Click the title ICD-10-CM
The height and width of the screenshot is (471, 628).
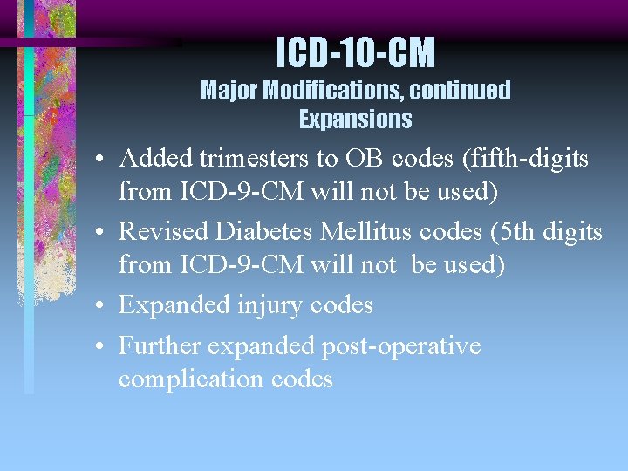pyautogui.click(x=355, y=54)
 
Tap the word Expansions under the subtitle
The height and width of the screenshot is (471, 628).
pyautogui.click(x=355, y=119)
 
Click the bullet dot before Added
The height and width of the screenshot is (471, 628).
pyautogui.click(x=101, y=160)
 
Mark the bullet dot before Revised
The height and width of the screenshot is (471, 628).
pyautogui.click(x=101, y=233)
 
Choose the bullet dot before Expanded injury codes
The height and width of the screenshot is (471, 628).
pyautogui.click(x=101, y=306)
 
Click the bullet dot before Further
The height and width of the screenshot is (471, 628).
pyautogui.click(x=101, y=347)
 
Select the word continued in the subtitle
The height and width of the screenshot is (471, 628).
pyautogui.click(x=461, y=90)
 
